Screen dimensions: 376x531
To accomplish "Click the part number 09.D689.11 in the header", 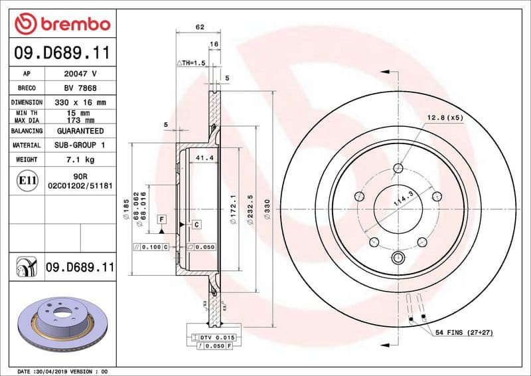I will tap(62, 52).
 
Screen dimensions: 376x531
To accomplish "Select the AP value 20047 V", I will tap(80, 74).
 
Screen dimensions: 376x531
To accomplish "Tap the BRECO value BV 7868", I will tap(80, 88).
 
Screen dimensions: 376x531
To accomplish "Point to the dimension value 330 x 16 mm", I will tap(80, 103).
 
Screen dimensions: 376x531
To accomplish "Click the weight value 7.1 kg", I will tap(80, 159).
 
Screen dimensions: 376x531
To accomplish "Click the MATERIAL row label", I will tap(27, 145).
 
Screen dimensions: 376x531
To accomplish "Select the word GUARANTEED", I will tap(80, 131).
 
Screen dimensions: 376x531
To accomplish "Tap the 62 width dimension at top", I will tap(199, 27).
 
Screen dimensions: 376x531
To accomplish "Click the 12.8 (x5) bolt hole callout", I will tap(445, 118).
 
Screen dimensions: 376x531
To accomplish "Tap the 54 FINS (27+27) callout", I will tap(464, 331).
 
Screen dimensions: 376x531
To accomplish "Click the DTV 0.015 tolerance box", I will tap(212, 338).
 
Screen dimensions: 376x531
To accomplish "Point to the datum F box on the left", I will tap(161, 219).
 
